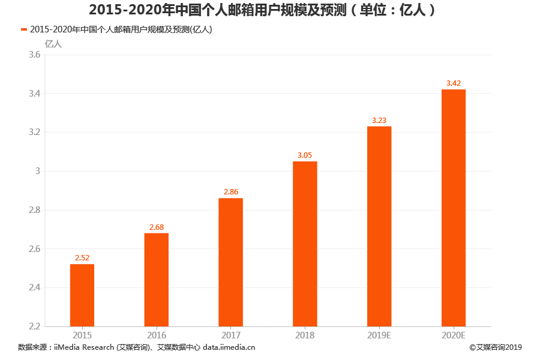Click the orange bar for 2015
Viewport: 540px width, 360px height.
[82, 295]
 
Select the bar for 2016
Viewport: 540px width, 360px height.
[156, 280]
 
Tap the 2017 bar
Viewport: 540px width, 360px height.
[230, 262]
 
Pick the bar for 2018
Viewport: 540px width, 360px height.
[305, 244]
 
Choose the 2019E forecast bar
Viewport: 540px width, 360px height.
[379, 226]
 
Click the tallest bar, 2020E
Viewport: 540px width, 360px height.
[454, 208]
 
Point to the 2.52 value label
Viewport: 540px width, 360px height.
[82, 258]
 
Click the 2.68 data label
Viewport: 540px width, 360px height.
[156, 227]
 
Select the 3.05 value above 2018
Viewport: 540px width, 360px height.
[305, 155]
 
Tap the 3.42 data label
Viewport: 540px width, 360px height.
[454, 83]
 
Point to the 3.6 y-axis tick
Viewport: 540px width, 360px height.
[35, 55]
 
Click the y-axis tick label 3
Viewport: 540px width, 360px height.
[38, 171]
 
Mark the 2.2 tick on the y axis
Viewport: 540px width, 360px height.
[35, 326]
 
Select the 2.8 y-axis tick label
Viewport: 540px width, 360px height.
[35, 210]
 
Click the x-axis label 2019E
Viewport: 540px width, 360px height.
[379, 335]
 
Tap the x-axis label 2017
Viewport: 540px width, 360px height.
[230, 335]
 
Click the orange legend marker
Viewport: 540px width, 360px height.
[23, 29]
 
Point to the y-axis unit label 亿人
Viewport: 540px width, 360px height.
[53, 43]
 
